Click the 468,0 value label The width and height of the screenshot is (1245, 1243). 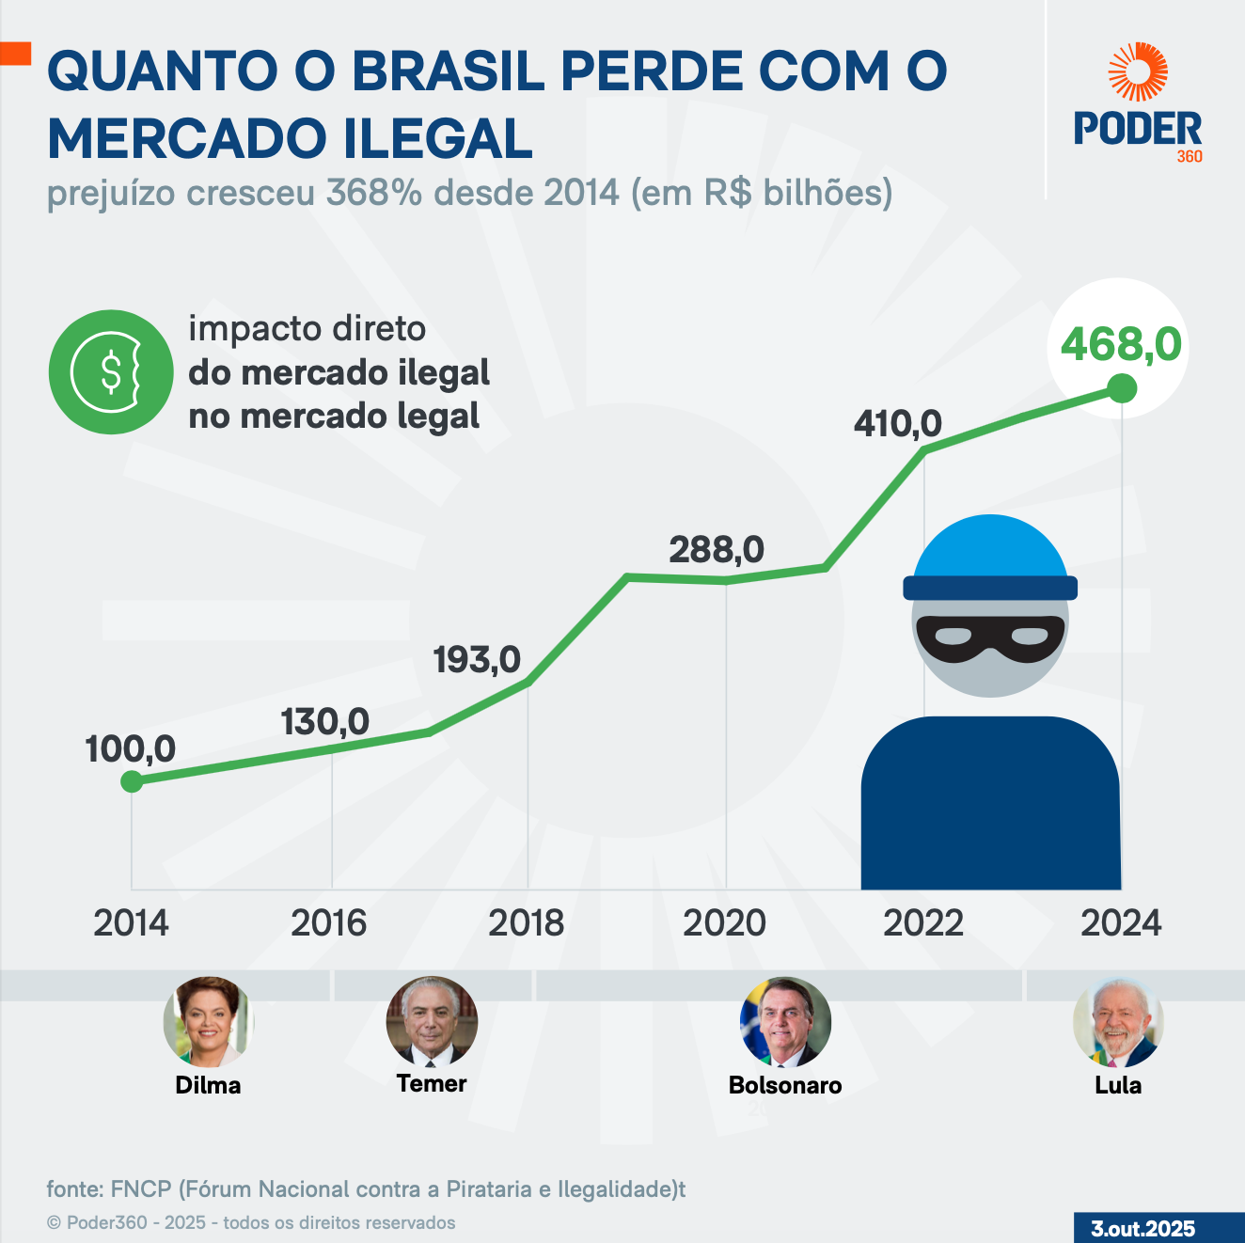[1120, 344]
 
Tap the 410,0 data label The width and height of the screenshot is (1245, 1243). [897, 424]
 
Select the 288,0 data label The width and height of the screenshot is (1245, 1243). [717, 550]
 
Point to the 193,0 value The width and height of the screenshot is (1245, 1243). [477, 660]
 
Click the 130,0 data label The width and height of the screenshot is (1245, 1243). [324, 722]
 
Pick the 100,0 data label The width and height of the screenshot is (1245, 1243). [130, 749]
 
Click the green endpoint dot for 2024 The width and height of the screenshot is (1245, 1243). [1122, 387]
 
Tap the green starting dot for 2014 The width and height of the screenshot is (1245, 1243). [132, 781]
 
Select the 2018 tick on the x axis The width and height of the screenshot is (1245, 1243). [526, 923]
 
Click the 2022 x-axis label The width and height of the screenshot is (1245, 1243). [922, 923]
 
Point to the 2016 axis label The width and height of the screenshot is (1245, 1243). [328, 923]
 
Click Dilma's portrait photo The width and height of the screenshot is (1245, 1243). [208, 1021]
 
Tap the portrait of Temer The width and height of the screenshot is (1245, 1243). [432, 1021]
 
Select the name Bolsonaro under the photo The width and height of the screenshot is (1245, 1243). [785, 1085]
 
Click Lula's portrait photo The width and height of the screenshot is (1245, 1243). [1118, 1021]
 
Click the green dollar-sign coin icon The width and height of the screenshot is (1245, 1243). [111, 372]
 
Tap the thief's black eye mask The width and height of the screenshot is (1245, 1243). [990, 638]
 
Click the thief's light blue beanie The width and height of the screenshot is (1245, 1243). [990, 550]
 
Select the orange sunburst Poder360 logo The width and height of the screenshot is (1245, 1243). [1138, 71]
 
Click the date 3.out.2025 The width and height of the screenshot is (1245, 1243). [1143, 1229]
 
